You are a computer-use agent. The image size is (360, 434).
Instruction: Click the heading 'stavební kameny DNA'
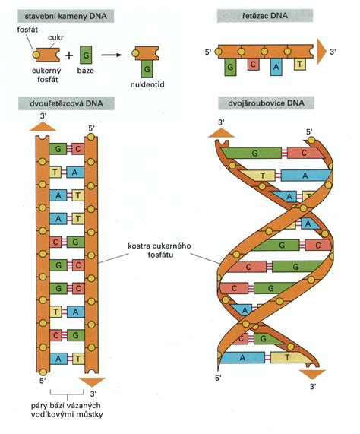(65, 16)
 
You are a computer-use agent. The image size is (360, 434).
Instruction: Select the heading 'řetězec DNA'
(265, 15)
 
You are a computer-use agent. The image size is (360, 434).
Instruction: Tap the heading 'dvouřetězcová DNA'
(66, 103)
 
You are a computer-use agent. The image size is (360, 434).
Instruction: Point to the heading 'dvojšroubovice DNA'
(266, 103)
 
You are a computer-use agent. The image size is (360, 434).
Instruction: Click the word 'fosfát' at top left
(27, 30)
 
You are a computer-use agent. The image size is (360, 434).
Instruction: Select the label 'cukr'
(55, 37)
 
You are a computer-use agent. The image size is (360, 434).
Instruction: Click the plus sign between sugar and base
(69, 55)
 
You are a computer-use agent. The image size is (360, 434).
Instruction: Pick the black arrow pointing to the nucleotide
(112, 55)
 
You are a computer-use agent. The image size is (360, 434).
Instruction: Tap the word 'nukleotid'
(147, 84)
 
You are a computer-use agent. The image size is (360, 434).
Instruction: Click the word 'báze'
(85, 71)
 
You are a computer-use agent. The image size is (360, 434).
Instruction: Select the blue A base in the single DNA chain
(276, 67)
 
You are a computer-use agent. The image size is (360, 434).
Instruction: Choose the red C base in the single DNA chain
(253, 64)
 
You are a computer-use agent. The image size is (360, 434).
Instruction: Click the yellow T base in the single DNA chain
(300, 64)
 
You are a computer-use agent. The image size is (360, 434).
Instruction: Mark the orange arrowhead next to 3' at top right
(321, 52)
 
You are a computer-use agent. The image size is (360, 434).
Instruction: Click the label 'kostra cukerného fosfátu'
(159, 250)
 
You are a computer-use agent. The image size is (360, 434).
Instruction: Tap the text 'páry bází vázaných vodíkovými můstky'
(67, 410)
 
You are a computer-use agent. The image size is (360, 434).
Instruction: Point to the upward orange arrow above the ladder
(43, 127)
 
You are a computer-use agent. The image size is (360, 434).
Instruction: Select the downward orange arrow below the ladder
(92, 382)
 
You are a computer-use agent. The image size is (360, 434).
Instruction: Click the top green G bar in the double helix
(252, 153)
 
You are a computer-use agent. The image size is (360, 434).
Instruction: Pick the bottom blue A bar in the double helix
(242, 357)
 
